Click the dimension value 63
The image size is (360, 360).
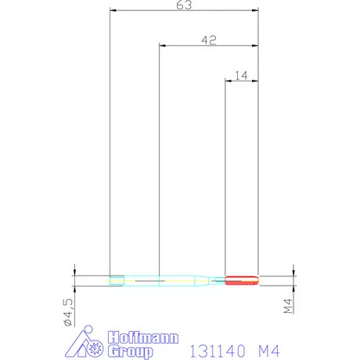coord(184,5)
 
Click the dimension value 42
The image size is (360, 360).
coord(209,40)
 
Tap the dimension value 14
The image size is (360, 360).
coord(241,76)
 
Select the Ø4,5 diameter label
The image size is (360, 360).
coord(68,312)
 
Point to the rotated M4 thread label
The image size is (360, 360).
coord(288,306)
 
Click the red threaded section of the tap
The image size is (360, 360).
coord(242,280)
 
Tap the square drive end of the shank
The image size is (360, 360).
coord(117,281)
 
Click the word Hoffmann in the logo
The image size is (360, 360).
coord(143,338)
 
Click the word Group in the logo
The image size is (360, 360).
coord(131,351)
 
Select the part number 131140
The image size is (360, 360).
coord(218,351)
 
